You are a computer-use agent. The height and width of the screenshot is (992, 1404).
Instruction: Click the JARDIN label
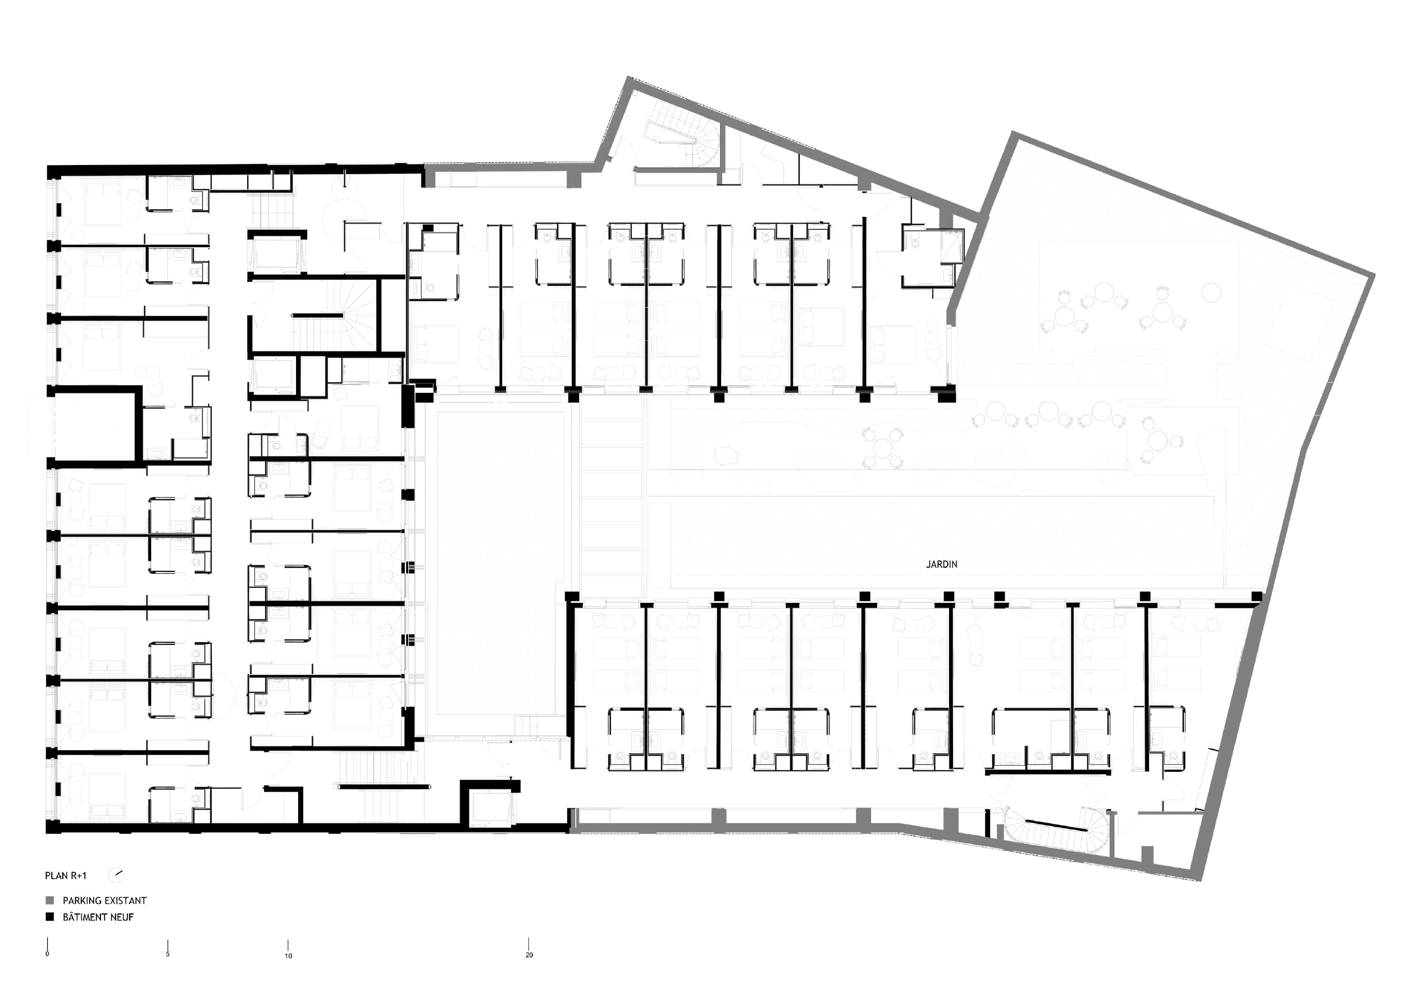pos(941,564)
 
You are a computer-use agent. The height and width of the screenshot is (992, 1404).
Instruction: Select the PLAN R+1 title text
pos(66,875)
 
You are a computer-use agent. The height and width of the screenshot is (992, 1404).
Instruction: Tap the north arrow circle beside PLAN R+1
pos(116,875)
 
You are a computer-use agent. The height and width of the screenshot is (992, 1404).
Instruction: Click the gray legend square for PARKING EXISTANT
pos(50,900)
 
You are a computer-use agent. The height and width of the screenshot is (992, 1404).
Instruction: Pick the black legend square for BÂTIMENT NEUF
pos(50,917)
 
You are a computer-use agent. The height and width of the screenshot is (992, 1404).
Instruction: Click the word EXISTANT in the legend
pos(125,900)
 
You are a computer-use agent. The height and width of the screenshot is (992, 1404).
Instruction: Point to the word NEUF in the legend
pos(122,917)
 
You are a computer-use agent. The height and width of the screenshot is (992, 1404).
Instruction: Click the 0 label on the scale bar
pos(47,954)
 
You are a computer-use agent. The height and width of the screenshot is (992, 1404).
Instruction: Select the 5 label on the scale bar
pos(167,954)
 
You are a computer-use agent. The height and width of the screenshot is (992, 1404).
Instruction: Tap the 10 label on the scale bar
pos(288,956)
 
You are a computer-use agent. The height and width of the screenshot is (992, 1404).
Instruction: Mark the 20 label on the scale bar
pos(529,955)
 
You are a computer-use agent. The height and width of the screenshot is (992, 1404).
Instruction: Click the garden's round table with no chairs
pos(1211,292)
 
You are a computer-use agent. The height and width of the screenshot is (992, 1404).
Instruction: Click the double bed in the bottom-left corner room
pos(107,797)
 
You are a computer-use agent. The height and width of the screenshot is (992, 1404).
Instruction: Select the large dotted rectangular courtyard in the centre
pos(500,563)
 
